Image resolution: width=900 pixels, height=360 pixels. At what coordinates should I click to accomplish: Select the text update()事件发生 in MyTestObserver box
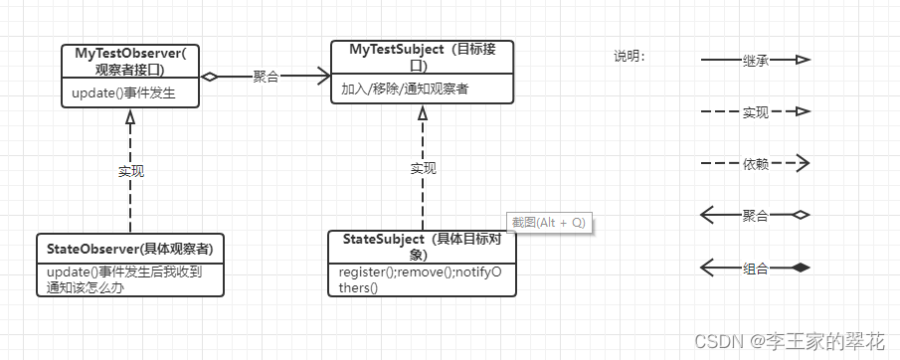coord(123,94)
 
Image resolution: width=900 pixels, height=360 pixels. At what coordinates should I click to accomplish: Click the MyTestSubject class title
coord(423,57)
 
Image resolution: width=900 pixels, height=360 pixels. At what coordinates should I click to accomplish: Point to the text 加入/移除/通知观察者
coord(405,90)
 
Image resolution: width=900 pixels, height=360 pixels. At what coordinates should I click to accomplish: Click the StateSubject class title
coord(423,247)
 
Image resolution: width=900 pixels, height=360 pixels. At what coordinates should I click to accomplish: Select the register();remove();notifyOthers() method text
coord(421,279)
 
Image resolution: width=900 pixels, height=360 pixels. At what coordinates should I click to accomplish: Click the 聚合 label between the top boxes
coord(266,76)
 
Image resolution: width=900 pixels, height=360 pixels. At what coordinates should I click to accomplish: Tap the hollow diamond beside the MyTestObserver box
coord(209,76)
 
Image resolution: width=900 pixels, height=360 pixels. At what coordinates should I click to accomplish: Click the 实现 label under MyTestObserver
coord(131,171)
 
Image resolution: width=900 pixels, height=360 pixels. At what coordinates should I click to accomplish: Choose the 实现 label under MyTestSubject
coord(423,169)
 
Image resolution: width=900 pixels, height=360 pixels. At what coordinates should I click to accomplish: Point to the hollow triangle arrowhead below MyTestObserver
coord(129,116)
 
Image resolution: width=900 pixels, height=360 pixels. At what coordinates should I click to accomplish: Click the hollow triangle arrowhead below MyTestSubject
coord(423,114)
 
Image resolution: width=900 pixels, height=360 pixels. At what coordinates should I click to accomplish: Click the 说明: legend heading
coord(630,56)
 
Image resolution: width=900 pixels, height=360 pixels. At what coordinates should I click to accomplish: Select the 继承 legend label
coord(756,61)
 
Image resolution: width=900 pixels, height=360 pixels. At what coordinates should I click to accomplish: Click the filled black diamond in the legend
coord(801,268)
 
